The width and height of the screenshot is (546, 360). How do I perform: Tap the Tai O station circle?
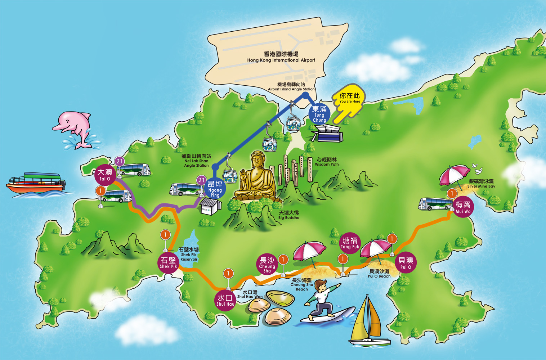point(105,175)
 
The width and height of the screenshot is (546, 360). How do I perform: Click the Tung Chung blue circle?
point(319,114)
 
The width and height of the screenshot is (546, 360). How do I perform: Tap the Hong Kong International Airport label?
point(281,57)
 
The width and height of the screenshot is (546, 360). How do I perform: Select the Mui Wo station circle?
point(463,207)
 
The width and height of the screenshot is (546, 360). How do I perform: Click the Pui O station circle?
point(406,263)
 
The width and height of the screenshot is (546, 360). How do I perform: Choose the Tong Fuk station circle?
point(350,243)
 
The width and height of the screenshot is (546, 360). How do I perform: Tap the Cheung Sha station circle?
point(267,265)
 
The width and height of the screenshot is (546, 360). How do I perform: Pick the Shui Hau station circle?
point(225,300)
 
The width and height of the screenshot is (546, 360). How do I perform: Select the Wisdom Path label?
point(327,162)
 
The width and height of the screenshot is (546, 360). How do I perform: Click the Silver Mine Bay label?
point(481,184)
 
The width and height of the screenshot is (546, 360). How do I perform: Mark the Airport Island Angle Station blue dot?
point(305,95)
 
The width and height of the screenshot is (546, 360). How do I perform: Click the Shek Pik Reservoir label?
point(189,254)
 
